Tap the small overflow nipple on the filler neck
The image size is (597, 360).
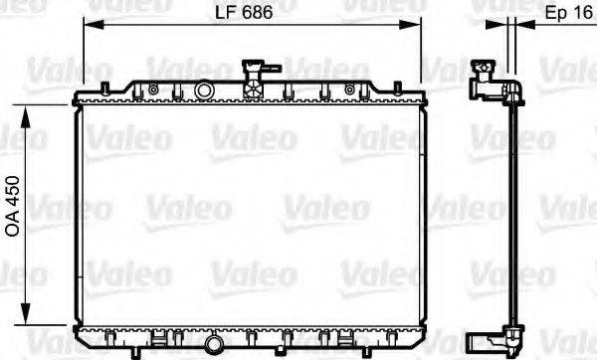273,70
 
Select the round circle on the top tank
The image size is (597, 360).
204,90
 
